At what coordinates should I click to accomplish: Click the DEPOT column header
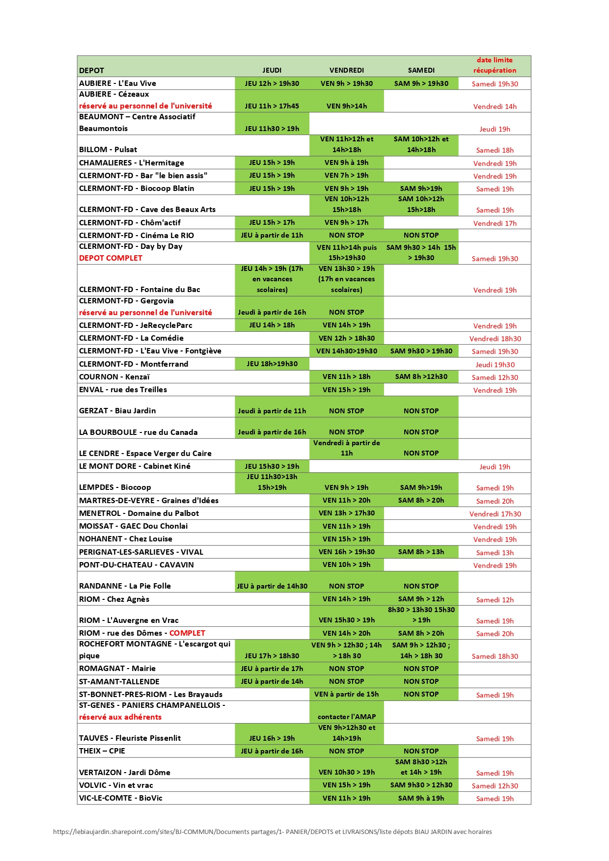click(92, 70)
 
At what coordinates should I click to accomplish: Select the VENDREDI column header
click(346, 70)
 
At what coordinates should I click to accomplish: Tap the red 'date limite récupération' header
click(495, 65)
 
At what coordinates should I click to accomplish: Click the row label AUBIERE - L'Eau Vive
click(117, 83)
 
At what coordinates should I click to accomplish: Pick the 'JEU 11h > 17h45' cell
click(272, 106)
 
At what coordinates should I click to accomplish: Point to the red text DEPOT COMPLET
click(111, 258)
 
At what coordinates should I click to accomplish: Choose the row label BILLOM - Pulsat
click(108, 150)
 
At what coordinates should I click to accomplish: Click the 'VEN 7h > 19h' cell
click(346, 175)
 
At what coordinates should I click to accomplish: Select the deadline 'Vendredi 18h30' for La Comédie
click(495, 339)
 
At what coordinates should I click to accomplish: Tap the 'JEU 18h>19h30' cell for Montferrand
click(272, 364)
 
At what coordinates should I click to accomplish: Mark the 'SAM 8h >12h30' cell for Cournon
click(421, 377)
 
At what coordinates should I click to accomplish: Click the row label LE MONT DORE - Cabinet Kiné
click(135, 466)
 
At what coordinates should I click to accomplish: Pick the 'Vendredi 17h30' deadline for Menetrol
click(495, 514)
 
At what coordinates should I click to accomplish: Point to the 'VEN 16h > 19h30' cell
click(346, 552)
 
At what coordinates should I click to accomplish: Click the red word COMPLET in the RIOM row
click(187, 633)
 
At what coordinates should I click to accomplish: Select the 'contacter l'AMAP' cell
click(346, 717)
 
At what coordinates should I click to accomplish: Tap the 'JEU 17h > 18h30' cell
click(272, 656)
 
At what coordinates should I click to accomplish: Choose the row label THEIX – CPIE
click(102, 751)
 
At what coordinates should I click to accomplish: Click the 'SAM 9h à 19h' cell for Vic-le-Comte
click(421, 798)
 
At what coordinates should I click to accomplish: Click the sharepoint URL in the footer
click(272, 832)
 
